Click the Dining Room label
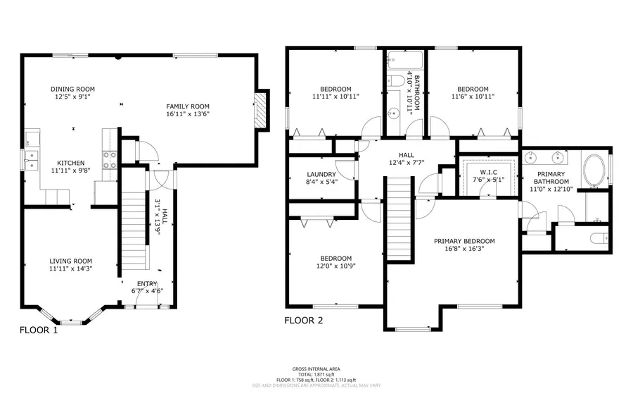(73, 89)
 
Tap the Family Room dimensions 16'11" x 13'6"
(188, 113)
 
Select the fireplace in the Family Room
(261, 110)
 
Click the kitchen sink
(31, 160)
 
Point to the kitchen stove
(110, 160)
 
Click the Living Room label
(70, 261)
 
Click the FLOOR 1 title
(39, 330)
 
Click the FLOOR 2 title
(304, 320)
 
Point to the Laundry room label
(321, 174)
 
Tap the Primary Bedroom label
(464, 240)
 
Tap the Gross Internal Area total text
(316, 373)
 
